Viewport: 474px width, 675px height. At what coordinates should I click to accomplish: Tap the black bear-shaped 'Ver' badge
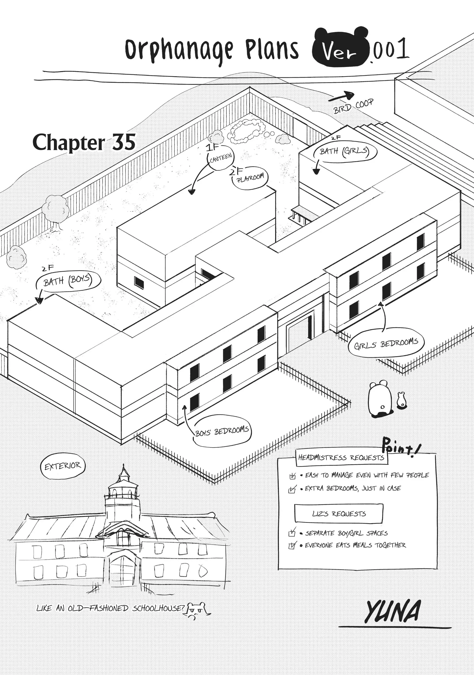[340, 49]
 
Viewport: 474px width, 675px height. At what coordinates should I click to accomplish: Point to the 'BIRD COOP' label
[353, 106]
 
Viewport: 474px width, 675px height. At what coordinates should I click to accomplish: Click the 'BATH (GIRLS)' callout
[344, 152]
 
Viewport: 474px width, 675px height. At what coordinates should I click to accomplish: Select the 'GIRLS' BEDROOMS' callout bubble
[386, 344]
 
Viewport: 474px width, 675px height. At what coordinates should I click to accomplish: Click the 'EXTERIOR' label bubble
[62, 466]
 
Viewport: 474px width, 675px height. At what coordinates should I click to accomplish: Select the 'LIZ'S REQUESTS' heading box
[339, 514]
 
